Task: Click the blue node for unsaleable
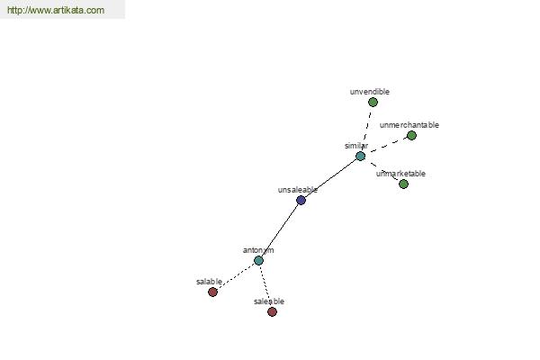pyautogui.click(x=301, y=200)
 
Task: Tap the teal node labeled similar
pyautogui.click(x=360, y=156)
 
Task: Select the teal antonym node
pyautogui.click(x=258, y=260)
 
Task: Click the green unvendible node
pyautogui.click(x=373, y=102)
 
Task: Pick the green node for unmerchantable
pyautogui.click(x=411, y=135)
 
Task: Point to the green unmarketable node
pyautogui.click(x=403, y=184)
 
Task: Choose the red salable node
pyautogui.click(x=212, y=292)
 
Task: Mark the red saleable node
pyautogui.click(x=272, y=311)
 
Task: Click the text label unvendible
pyautogui.click(x=370, y=92)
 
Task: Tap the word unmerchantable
pyautogui.click(x=409, y=125)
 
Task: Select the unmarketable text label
pyautogui.click(x=400, y=174)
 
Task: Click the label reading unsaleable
pyautogui.click(x=298, y=190)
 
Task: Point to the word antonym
pyautogui.click(x=258, y=250)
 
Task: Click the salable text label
pyautogui.click(x=209, y=282)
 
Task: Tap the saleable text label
pyautogui.click(x=269, y=301)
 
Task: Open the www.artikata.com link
pyautogui.click(x=56, y=10)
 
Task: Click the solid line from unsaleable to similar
pyautogui.click(x=330, y=178)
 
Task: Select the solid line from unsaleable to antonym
pyautogui.click(x=280, y=230)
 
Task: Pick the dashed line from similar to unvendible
pyautogui.click(x=366, y=130)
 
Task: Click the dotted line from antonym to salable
pyautogui.click(x=236, y=276)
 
